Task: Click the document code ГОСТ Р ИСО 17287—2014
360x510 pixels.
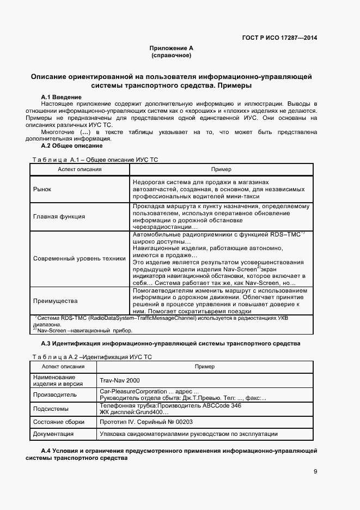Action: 279,38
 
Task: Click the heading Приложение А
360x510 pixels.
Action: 172,48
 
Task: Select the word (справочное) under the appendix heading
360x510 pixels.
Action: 172,56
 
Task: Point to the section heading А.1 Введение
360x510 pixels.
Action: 62,96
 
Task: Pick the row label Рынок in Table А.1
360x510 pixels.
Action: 42,189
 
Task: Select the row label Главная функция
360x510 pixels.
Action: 59,216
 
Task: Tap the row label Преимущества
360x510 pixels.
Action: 55,301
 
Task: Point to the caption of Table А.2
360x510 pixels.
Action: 92,356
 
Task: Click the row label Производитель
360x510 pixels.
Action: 54,394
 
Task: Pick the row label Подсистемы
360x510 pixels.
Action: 51,409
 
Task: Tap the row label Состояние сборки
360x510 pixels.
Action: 59,422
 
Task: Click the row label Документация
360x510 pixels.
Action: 54,434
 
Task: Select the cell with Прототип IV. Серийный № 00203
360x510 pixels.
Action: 146,422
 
